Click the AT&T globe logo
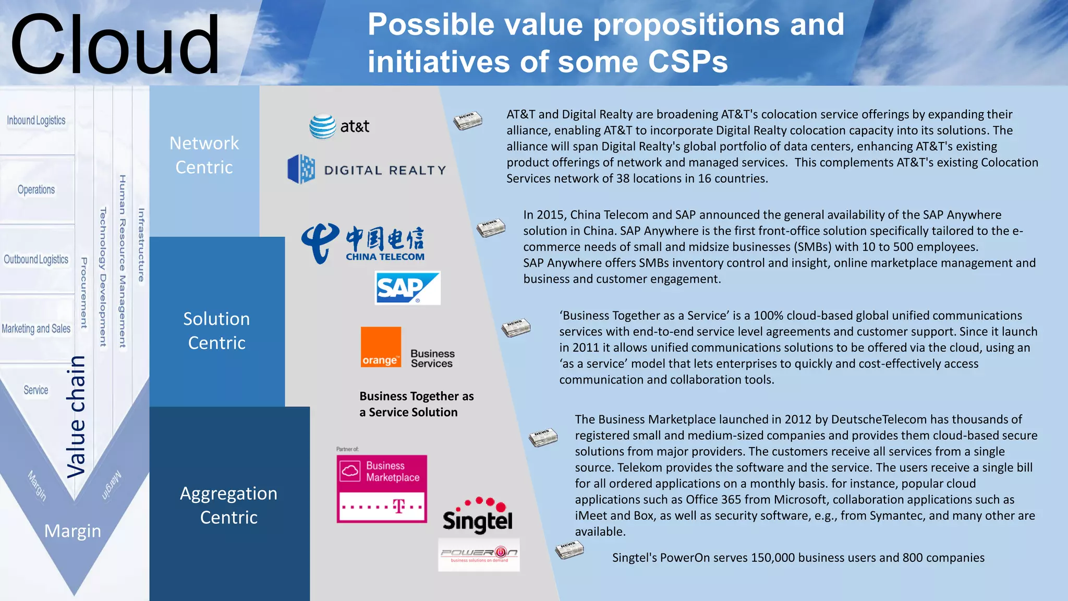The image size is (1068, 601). click(323, 126)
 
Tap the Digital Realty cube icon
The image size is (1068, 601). click(301, 169)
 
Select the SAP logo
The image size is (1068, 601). click(407, 287)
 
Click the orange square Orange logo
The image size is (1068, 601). click(381, 347)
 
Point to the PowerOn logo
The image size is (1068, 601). click(479, 555)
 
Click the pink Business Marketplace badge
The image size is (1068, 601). click(382, 488)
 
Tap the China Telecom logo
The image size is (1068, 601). click(363, 244)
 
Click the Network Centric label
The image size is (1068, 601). click(204, 155)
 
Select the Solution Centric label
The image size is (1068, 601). click(216, 330)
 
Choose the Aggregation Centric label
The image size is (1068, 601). click(228, 505)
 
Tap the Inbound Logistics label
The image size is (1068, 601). click(36, 121)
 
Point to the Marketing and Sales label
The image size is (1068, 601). click(36, 329)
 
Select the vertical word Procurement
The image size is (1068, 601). click(83, 293)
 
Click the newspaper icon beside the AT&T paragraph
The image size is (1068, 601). click(468, 121)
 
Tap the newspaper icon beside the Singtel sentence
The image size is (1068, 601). click(569, 550)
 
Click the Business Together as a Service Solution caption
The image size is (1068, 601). click(416, 404)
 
